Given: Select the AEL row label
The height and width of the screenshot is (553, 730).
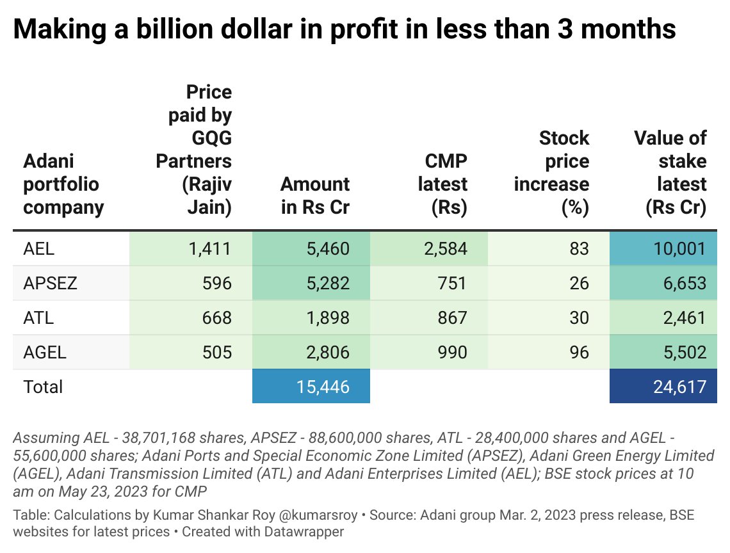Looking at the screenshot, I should click(x=39, y=248).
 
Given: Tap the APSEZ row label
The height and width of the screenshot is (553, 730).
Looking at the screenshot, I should click(x=50, y=283).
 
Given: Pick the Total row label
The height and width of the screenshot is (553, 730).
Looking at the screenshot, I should click(x=43, y=387).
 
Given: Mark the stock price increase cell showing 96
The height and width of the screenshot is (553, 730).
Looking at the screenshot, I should click(x=578, y=352).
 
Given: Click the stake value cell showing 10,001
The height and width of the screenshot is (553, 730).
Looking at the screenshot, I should click(x=679, y=248).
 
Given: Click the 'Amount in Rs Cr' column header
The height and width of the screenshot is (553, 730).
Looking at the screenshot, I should click(x=315, y=196).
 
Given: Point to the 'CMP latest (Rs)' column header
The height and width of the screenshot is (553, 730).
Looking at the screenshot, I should click(x=442, y=184).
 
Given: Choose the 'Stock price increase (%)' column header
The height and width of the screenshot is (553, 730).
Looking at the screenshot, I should click(x=551, y=173).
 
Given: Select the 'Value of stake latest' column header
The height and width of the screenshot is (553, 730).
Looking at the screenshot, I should click(x=670, y=173).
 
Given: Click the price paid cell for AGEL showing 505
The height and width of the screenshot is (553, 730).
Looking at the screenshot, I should click(x=216, y=352).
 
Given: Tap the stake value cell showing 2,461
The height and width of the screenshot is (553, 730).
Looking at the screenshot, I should click(x=684, y=317).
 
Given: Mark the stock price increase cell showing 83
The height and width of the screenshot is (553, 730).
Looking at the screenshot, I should click(x=578, y=248).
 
